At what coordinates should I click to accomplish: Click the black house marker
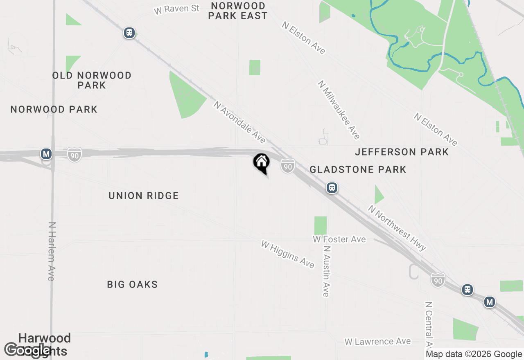(x=261, y=162)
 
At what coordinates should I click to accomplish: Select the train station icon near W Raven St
(x=129, y=33)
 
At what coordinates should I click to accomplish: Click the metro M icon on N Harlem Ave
(x=46, y=154)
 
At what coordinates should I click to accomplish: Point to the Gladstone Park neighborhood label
(x=358, y=169)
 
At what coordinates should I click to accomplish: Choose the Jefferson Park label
(x=402, y=152)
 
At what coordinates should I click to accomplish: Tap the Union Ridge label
(x=144, y=196)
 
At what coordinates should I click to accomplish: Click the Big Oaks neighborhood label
(x=132, y=284)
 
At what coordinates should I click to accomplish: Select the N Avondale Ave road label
(x=239, y=122)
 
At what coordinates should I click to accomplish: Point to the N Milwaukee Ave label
(x=339, y=110)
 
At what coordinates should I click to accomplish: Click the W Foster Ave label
(x=339, y=239)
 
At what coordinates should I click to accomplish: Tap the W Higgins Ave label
(x=288, y=254)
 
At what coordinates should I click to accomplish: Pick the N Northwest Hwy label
(x=397, y=228)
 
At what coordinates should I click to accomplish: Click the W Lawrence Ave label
(x=377, y=342)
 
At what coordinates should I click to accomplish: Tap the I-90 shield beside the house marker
(x=288, y=166)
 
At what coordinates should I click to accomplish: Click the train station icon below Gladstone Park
(x=332, y=188)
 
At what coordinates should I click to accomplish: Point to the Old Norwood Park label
(x=92, y=80)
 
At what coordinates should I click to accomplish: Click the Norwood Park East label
(x=237, y=11)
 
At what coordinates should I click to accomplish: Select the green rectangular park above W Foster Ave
(x=321, y=225)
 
